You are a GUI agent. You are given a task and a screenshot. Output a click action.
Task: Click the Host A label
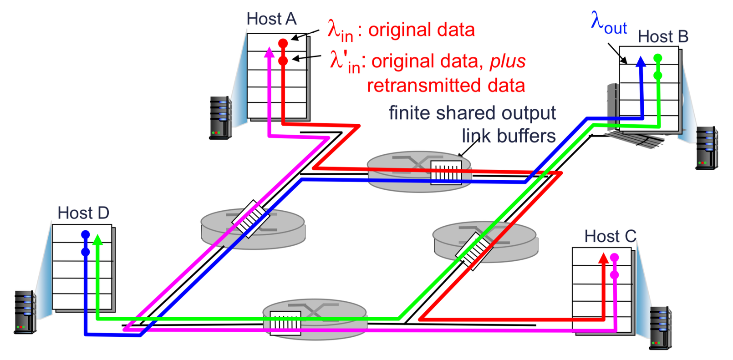coord(271,19)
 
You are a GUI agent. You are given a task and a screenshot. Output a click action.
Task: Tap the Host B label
coord(662,37)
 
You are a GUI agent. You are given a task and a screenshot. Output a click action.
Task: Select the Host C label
coord(610,237)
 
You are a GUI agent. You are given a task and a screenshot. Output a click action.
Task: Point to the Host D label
coord(83,213)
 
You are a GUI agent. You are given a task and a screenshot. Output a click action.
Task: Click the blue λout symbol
coord(608,23)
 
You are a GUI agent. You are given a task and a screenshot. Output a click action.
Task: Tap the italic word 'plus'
coord(508,61)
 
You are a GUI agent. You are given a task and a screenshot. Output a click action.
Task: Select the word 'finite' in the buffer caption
coord(409,113)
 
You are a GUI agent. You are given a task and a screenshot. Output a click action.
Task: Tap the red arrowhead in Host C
coord(603,259)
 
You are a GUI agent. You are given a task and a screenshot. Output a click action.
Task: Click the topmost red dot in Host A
coord(283,44)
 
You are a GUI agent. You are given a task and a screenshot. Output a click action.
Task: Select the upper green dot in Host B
coord(657,58)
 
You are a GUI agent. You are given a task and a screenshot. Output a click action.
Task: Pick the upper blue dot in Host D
coord(86,235)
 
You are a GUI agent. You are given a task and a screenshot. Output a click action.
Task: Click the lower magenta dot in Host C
coord(615,275)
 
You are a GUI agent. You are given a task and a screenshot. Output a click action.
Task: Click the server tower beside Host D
coord(25,312)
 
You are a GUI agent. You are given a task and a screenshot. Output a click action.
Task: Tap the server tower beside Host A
coord(220,117)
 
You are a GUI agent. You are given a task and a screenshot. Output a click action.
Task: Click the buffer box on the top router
coord(446,172)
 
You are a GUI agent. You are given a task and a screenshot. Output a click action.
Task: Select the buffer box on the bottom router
coord(285,323)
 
